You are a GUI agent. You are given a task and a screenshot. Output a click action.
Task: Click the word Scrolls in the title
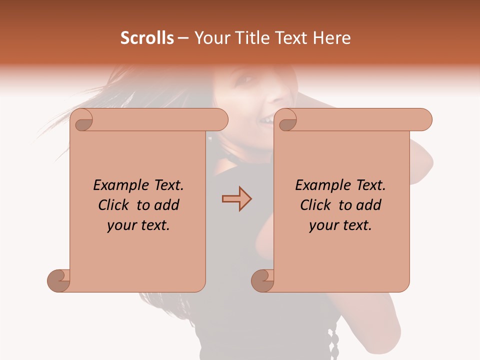point(147,38)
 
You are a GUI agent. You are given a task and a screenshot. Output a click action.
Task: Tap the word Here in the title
point(331,38)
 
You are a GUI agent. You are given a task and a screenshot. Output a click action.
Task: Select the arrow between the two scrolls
point(236,198)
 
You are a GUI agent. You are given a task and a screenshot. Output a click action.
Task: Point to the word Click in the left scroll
point(114,205)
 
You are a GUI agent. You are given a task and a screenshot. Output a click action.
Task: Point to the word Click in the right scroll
point(316,205)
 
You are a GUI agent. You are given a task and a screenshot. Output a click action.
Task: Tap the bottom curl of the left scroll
point(59,280)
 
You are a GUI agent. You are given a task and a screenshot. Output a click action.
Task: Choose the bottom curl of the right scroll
point(262,280)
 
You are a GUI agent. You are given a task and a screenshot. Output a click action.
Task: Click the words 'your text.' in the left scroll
point(138,225)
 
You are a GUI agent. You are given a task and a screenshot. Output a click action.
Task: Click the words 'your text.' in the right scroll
point(340,225)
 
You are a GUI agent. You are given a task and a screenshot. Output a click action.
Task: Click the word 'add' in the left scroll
point(167,205)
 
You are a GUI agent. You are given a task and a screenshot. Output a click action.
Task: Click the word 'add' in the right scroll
point(369,205)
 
